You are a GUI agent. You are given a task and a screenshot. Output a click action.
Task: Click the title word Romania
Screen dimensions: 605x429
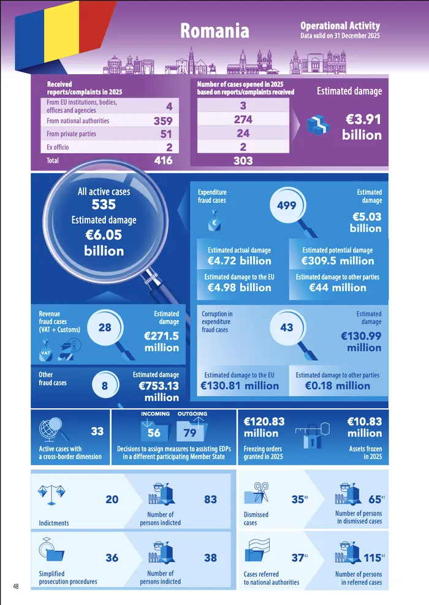click(x=214, y=31)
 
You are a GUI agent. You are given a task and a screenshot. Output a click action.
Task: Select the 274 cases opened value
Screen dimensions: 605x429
click(x=243, y=120)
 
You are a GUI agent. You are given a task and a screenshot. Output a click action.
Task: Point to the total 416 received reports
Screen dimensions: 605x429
click(x=163, y=161)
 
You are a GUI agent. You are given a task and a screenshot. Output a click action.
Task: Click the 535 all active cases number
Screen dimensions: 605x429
click(x=104, y=205)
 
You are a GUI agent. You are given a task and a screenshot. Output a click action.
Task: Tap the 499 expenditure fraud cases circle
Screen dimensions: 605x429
click(x=286, y=206)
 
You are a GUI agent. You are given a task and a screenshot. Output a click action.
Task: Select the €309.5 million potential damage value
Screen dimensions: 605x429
click(x=338, y=261)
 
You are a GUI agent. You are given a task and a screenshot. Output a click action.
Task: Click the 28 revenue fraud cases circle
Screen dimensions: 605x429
click(x=105, y=327)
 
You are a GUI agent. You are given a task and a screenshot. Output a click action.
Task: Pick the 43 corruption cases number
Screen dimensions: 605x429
click(x=286, y=327)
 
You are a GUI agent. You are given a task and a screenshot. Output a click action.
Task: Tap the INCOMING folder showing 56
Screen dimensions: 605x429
click(x=154, y=432)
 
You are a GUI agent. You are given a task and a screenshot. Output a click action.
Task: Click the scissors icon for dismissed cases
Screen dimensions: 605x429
click(x=257, y=493)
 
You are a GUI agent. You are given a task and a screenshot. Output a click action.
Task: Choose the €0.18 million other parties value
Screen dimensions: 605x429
click(x=337, y=386)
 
